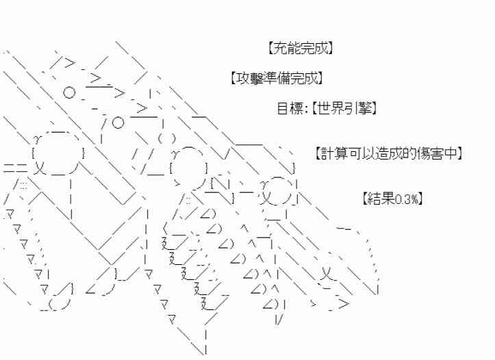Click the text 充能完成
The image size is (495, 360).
297,49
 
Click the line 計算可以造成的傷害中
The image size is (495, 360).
390,154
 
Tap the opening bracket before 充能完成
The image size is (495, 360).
266,49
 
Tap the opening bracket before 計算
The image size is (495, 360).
319,154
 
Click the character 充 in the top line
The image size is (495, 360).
277,49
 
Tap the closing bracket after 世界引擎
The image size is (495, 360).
377,108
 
